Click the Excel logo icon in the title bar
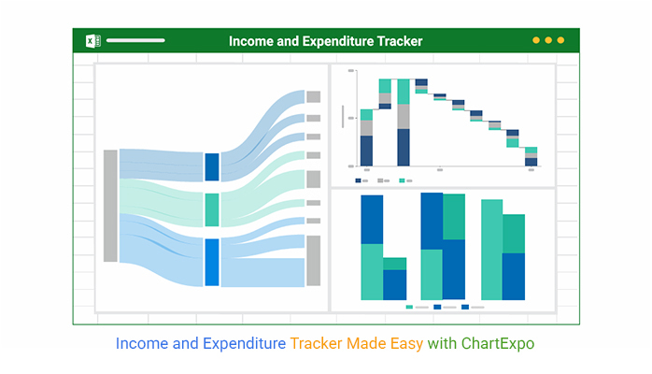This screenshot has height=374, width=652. click(92, 41)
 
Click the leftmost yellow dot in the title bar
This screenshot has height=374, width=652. click(536, 40)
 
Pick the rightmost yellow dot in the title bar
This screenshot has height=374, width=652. click(560, 40)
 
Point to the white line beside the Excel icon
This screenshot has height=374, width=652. click(135, 40)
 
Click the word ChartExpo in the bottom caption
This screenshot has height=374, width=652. click(498, 344)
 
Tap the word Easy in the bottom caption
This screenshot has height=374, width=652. click(406, 344)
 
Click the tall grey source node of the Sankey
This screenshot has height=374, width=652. click(110, 206)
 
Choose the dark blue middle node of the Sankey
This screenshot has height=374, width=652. click(212, 167)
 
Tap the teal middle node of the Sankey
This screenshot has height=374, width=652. click(212, 210)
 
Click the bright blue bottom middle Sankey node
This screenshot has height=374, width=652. click(212, 262)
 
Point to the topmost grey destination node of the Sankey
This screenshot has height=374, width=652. click(314, 97)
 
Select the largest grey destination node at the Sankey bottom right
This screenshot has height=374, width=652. click(314, 261)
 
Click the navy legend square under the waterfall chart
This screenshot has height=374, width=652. click(358, 180)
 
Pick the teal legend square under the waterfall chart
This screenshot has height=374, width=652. click(402, 180)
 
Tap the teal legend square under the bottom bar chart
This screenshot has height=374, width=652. click(409, 307)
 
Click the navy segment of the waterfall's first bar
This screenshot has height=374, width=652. click(366, 151)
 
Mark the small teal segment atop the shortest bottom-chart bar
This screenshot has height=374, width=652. click(394, 264)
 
